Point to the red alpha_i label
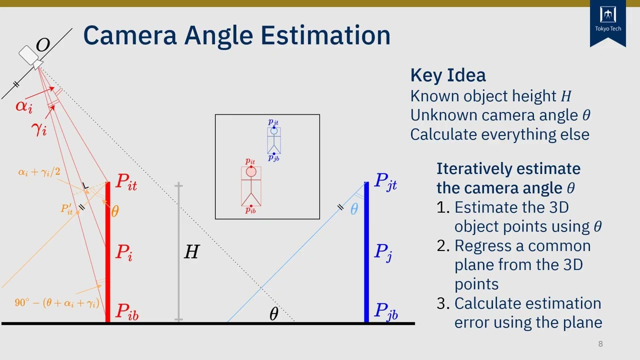tap(24, 106)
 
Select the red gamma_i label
tap(39, 129)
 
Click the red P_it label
tap(125, 182)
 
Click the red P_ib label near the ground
tap(126, 311)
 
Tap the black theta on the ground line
tap(273, 314)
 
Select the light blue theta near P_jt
tap(354, 209)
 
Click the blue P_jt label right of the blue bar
tap(385, 182)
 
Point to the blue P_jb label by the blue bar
tap(386, 311)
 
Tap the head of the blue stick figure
tap(274, 131)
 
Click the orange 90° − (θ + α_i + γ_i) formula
tap(56, 303)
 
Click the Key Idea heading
tap(447, 75)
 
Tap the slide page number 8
tap(600, 344)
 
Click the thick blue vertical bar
tap(366, 252)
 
